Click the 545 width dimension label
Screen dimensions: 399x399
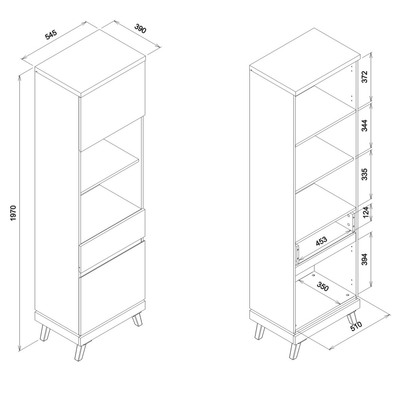(x=51, y=35)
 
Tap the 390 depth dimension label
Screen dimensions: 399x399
(x=141, y=28)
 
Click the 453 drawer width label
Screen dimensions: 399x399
(x=321, y=241)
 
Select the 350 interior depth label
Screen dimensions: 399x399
(x=323, y=286)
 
